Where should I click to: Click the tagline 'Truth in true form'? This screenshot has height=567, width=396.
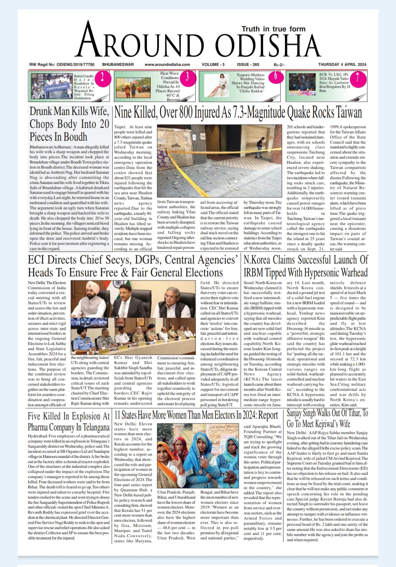point(273,29)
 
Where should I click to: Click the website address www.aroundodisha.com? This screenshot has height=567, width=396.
point(167,65)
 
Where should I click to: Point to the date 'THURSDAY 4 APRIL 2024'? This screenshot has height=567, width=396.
point(342,65)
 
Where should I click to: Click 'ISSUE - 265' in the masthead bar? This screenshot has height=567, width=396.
point(248,65)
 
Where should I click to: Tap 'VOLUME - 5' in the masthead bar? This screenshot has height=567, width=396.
point(213,65)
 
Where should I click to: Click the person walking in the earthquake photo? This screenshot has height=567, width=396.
point(261,143)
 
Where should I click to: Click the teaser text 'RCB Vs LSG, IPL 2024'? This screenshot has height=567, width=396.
point(334,76)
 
